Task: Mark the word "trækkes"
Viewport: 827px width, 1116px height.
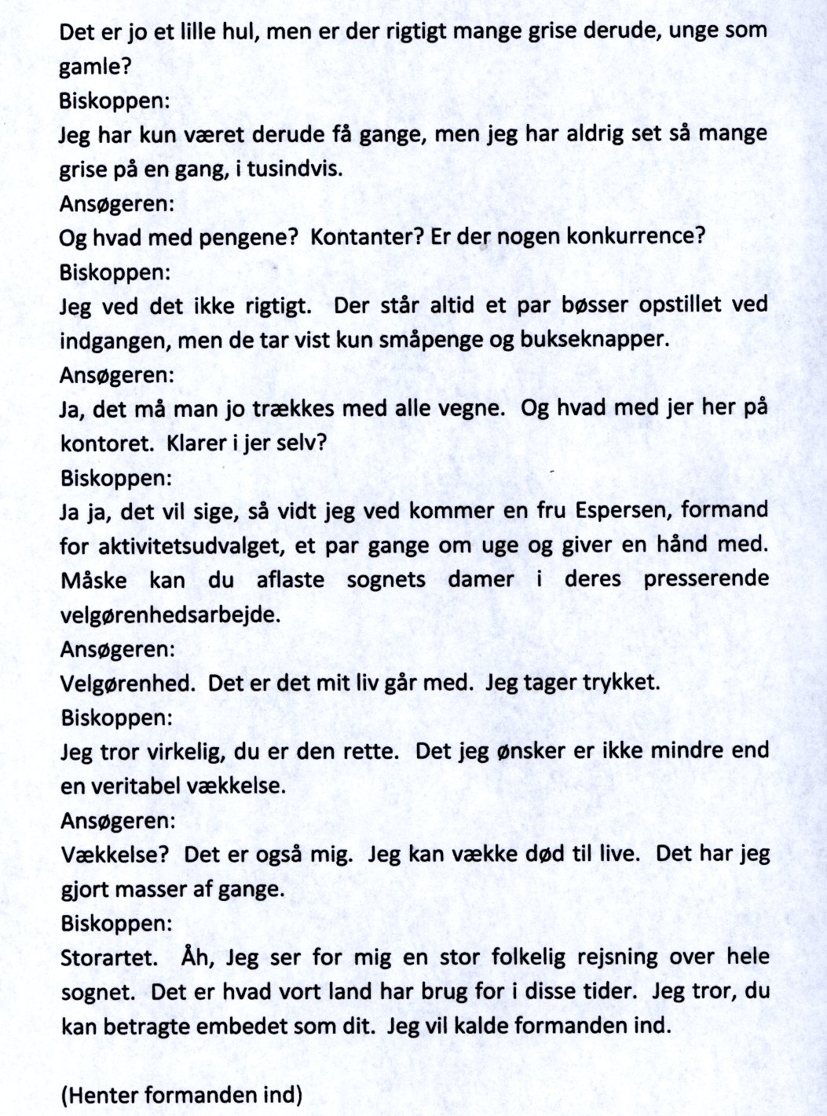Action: pos(292,409)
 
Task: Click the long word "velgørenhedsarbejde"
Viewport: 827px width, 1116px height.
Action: pos(169,615)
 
